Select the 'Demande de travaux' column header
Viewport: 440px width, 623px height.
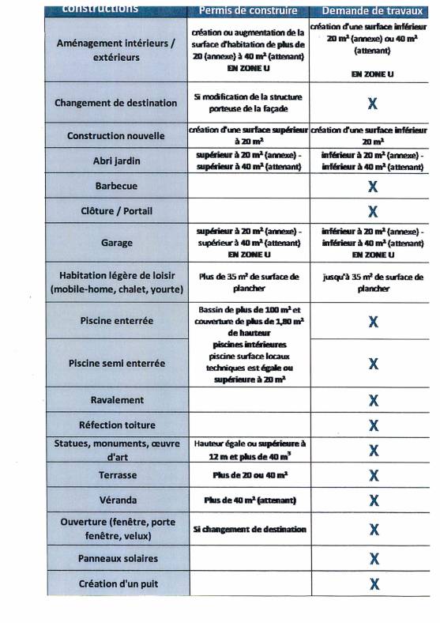[372, 11]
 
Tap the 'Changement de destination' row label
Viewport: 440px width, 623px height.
[116, 103]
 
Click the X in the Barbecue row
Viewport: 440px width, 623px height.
[373, 187]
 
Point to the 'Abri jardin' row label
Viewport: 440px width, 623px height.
[116, 160]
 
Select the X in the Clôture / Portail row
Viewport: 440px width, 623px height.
[373, 211]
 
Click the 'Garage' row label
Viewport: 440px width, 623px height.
[116, 243]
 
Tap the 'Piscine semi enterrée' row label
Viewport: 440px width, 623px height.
[116, 364]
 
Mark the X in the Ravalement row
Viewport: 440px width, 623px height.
[373, 400]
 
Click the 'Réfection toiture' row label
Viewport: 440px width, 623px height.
[116, 425]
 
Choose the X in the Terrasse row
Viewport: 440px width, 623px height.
[373, 475]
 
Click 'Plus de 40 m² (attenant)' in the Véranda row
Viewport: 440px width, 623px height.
[249, 500]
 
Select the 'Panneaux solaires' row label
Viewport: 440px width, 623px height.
[116, 558]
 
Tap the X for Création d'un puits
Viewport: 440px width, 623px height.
[373, 584]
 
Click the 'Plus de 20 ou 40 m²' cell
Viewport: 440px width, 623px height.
[248, 475]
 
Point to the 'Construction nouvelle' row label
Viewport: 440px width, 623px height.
[116, 136]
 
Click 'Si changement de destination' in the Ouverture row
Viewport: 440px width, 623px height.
[249, 530]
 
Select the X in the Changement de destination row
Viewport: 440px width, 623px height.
[373, 103]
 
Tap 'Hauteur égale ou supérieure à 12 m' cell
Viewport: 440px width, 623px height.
[248, 450]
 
